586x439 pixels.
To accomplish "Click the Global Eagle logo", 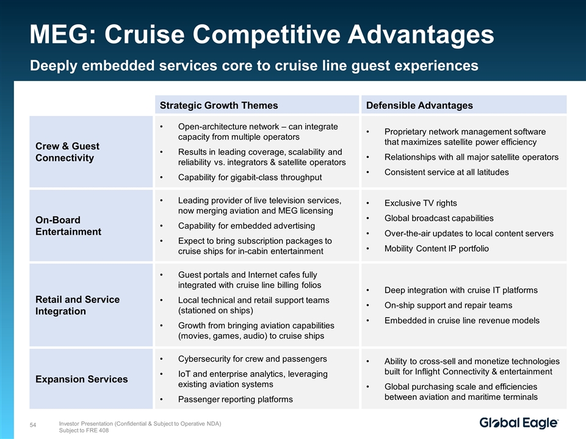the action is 519,423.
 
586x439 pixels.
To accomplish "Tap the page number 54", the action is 33,425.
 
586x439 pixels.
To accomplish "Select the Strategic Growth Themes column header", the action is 219,105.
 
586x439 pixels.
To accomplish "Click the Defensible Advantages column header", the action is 419,105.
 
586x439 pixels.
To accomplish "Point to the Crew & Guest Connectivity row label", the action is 67,152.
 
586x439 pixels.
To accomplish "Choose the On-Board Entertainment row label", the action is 68,226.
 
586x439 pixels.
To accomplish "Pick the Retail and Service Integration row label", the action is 78,305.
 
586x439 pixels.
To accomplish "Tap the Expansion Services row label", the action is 81,379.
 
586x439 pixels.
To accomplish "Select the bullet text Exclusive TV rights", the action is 421,203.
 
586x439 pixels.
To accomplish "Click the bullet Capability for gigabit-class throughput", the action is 250,177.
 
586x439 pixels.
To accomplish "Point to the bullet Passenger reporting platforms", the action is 236,399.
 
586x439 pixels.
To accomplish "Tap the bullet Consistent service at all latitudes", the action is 447,172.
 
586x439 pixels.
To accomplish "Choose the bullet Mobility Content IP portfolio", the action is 436,249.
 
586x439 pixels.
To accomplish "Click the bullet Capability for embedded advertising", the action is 246,226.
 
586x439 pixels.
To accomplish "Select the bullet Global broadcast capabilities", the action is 439,218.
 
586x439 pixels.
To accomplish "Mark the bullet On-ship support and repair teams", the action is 448,305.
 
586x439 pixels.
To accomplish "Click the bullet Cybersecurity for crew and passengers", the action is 252,359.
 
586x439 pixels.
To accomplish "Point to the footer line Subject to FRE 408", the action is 84,430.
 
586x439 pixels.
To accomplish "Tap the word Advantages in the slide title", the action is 421,34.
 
